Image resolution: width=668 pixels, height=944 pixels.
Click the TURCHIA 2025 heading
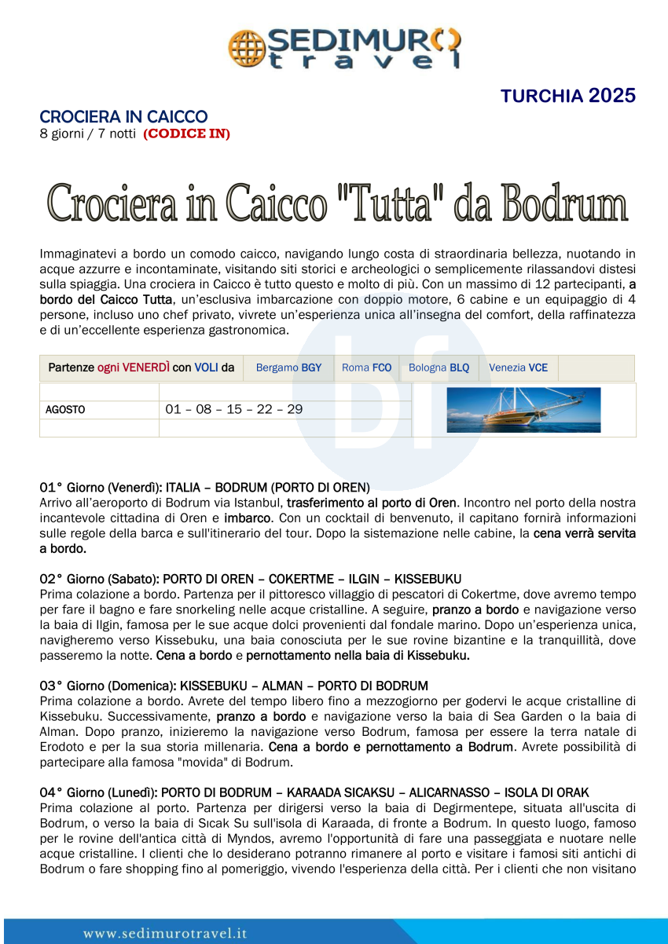(568, 97)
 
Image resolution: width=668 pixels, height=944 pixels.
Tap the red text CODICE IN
(186, 134)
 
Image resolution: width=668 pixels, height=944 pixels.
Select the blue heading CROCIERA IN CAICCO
(123, 117)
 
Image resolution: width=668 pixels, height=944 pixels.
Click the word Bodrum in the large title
(564, 203)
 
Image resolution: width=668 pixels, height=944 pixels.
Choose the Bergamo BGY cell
(288, 368)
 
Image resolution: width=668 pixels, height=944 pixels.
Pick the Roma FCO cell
(366, 368)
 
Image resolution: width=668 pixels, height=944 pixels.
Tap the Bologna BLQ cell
(439, 368)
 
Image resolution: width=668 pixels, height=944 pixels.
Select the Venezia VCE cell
(518, 368)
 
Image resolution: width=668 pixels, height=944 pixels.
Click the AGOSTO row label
(65, 410)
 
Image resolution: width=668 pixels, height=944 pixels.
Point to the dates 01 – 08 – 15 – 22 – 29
(233, 409)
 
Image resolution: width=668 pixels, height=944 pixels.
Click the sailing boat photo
(523, 409)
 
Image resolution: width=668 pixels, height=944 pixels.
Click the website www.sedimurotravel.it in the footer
(165, 933)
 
